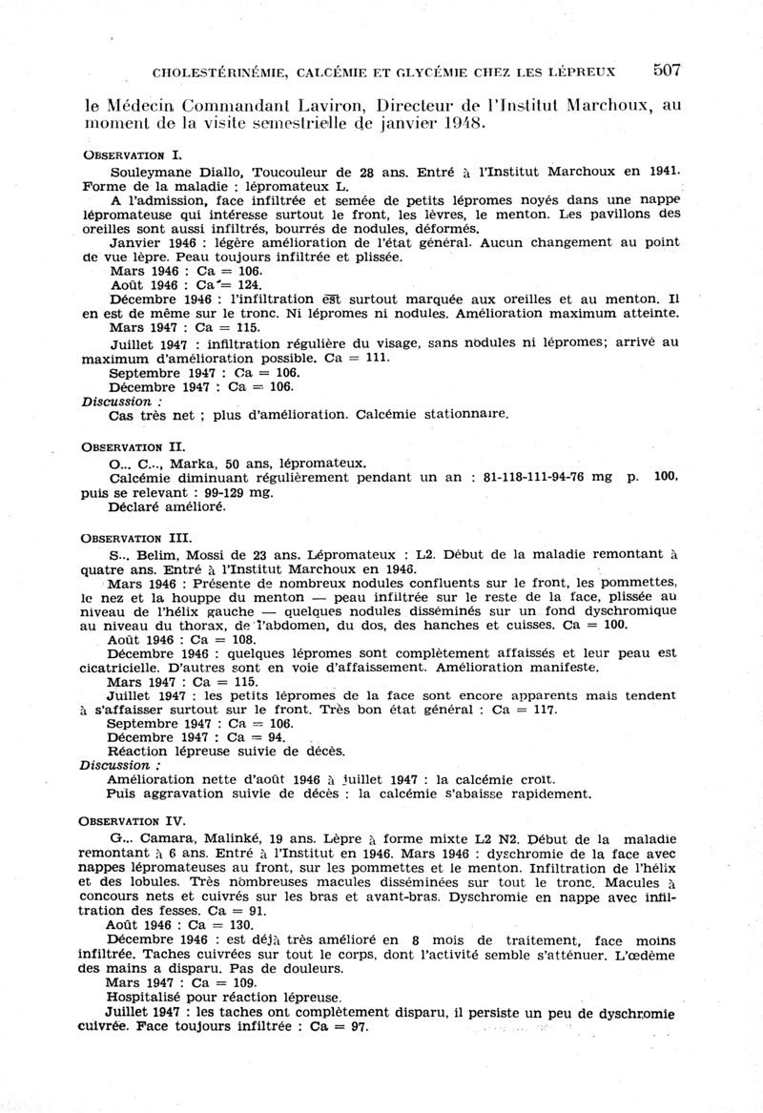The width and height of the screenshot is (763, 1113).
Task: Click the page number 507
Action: tap(666, 69)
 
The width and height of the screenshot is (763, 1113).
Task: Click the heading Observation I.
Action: tap(133, 154)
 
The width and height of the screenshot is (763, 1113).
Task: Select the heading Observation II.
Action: tap(135, 446)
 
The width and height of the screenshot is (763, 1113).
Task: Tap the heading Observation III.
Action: tap(139, 538)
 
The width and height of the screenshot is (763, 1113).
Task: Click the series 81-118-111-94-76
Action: tap(529, 477)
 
